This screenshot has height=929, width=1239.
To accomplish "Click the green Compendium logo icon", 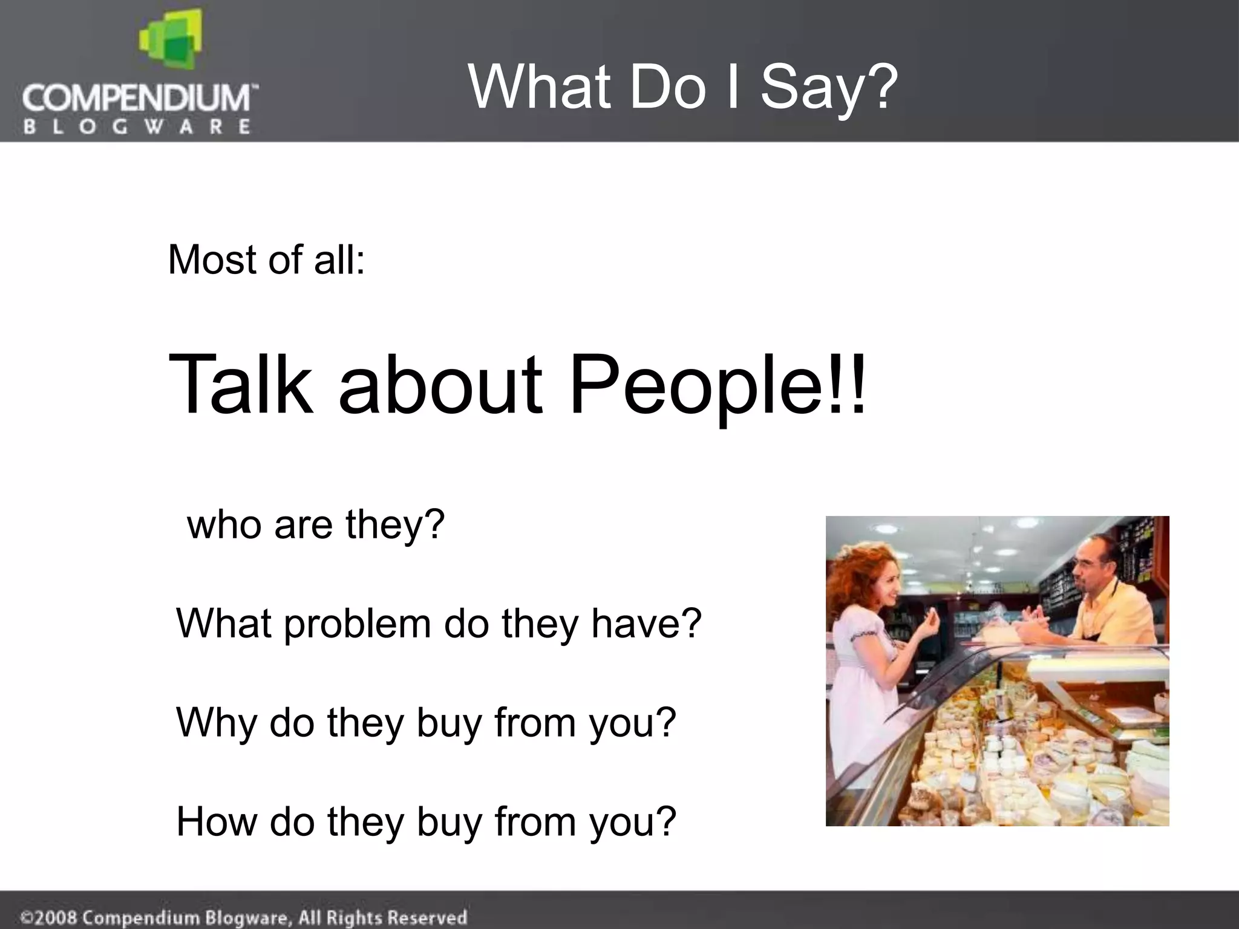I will [169, 40].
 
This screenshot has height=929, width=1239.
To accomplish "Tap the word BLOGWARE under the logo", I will [137, 127].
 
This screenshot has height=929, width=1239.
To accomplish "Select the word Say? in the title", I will [828, 88].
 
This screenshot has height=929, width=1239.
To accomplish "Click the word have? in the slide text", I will [646, 623].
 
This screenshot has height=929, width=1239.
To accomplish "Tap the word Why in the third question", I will [215, 723].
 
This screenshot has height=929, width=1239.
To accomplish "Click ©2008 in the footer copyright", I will [49, 918].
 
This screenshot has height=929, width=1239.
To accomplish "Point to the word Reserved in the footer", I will [427, 917].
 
